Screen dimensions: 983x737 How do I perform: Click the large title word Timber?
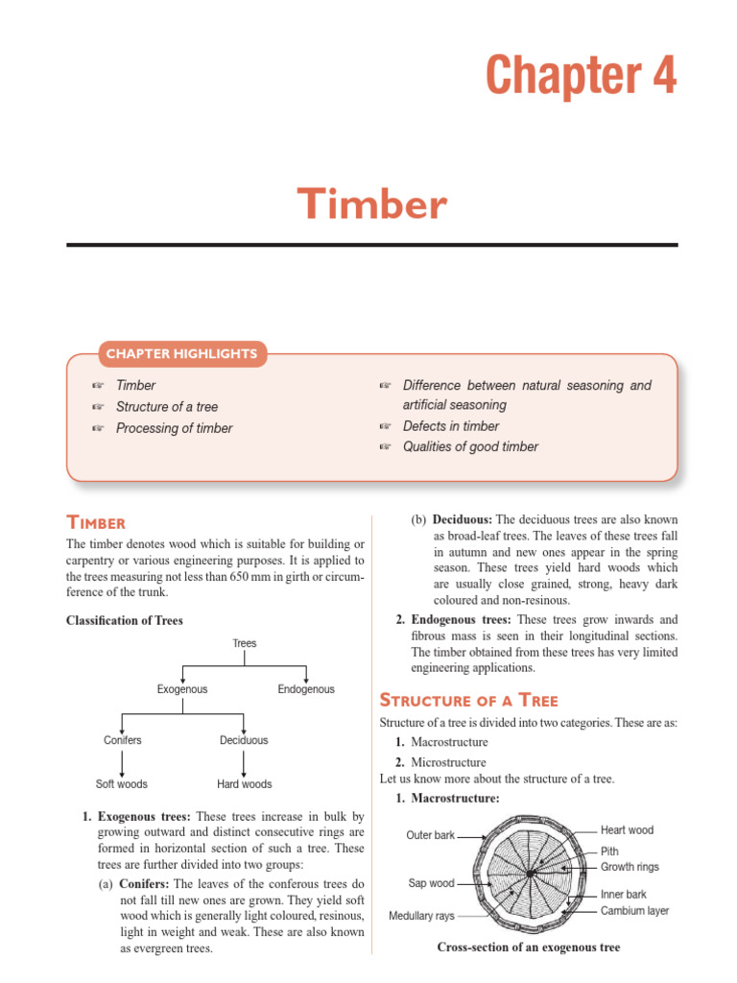point(371,204)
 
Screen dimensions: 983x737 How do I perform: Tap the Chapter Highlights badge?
point(181,353)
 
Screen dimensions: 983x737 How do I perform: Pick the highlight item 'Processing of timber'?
point(174,428)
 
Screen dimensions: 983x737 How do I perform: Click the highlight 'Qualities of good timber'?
point(470,446)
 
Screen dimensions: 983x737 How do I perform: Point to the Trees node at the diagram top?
point(245,643)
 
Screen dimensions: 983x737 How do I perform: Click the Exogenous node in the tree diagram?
point(182,689)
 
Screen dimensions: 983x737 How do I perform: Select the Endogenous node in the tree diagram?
point(306,689)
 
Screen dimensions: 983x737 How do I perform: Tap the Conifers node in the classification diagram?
point(122,740)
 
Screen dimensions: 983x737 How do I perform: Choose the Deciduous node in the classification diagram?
point(244,740)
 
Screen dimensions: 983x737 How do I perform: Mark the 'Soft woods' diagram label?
point(122,784)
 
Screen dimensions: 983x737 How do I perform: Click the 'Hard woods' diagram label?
point(244,784)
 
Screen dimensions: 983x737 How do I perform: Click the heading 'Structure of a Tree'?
point(469,700)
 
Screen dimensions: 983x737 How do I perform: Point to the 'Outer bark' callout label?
point(431,835)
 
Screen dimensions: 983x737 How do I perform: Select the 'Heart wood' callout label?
point(627,829)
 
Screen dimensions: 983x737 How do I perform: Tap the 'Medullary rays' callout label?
point(421,916)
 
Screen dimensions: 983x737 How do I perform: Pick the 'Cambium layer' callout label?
point(634,910)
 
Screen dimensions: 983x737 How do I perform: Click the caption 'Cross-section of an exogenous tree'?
point(529,947)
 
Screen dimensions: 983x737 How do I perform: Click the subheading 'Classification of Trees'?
point(124,620)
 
